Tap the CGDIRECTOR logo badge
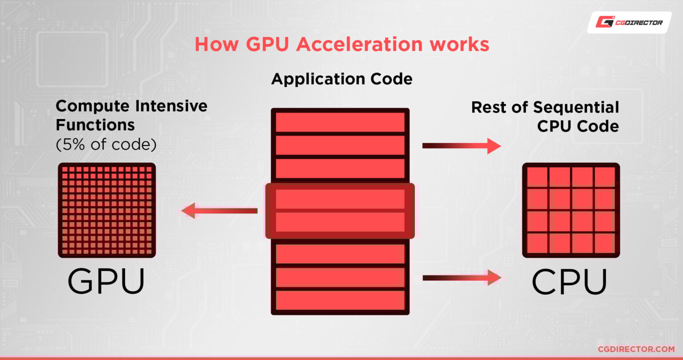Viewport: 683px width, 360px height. tap(629, 22)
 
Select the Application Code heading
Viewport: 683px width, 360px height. tap(341, 79)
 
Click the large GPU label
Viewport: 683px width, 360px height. tap(106, 281)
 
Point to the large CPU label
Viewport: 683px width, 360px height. tap(570, 281)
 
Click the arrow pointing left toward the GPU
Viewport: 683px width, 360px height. tap(220, 210)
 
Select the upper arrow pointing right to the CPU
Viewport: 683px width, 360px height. tap(462, 145)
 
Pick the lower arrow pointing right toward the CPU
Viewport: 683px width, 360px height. tap(462, 278)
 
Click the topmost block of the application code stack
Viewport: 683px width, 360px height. tap(340, 122)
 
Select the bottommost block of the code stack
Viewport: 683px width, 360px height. tap(340, 300)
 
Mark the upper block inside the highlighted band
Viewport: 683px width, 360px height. tap(340, 199)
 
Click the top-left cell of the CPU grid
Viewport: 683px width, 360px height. tap(538, 176)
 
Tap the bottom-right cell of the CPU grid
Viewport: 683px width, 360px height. tap(604, 243)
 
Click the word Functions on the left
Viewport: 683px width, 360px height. tap(95, 125)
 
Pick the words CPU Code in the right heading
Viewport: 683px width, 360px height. tap(578, 126)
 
